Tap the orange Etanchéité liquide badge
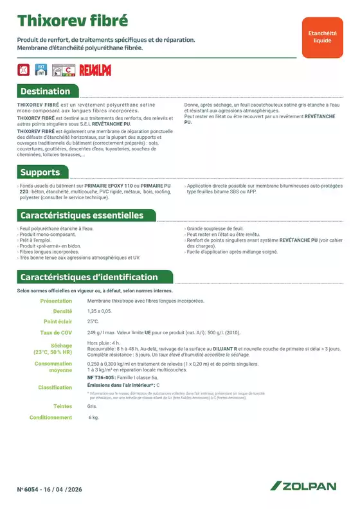click(x=322, y=37)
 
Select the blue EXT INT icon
click(x=40, y=69)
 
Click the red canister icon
click(x=24, y=69)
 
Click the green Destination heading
click(x=45, y=91)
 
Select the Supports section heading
click(x=40, y=172)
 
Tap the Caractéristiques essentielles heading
click(x=82, y=215)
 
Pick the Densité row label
click(x=62, y=311)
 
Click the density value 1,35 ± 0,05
click(x=99, y=311)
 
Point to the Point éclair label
click(x=58, y=321)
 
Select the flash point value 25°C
click(x=93, y=321)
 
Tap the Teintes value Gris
click(x=92, y=406)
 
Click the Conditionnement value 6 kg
click(x=94, y=418)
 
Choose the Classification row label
click(x=55, y=388)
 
